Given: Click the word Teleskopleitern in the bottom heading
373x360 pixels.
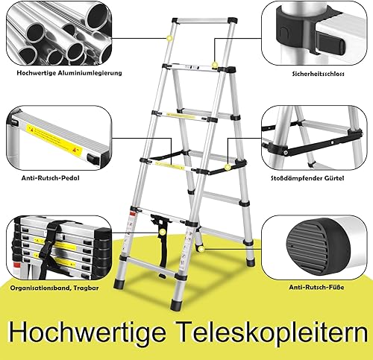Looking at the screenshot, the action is [x=273, y=332].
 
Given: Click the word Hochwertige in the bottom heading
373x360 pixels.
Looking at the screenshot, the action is [x=87, y=332].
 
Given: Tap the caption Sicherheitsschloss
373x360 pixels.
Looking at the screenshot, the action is [x=318, y=74].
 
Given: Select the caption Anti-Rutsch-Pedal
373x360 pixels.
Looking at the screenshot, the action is [x=51, y=178].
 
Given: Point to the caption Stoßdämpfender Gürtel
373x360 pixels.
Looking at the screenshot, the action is [x=307, y=178].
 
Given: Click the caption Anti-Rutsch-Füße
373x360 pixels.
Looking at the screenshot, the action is [x=316, y=288].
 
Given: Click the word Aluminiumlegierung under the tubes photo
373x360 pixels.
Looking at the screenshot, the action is [x=90, y=73].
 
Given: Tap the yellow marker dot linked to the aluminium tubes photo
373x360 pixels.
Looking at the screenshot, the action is [x=170, y=38].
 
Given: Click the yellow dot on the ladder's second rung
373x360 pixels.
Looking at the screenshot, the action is [x=215, y=65].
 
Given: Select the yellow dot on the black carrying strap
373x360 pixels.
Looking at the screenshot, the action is [x=162, y=233].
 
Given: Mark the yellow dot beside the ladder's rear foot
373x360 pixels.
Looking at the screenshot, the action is [x=201, y=249].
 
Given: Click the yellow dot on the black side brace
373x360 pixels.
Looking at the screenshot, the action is [x=227, y=167].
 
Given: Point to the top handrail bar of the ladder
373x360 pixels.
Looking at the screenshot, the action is [x=204, y=20].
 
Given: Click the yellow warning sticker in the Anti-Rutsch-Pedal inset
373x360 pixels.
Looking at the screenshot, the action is [x=54, y=139].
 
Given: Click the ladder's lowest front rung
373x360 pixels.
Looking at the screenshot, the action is [x=151, y=267].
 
